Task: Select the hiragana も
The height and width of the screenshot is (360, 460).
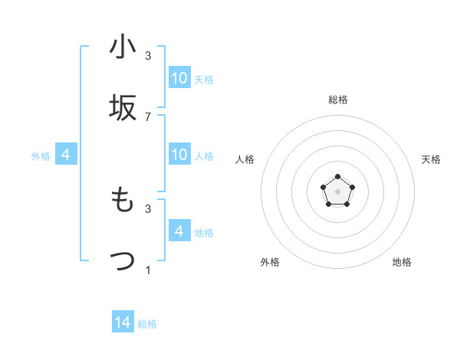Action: (123, 200)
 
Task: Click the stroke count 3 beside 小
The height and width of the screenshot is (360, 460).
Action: (148, 56)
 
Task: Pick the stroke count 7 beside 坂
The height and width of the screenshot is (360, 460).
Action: (148, 117)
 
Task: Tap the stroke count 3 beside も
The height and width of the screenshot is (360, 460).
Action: (148, 208)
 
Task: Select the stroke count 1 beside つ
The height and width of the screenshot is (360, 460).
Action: (148, 270)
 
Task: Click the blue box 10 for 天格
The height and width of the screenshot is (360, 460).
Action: (179, 78)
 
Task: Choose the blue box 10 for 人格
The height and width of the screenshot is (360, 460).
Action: (179, 155)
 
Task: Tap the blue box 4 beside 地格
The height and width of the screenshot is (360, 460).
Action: (179, 231)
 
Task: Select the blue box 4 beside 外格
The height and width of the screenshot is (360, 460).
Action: (65, 155)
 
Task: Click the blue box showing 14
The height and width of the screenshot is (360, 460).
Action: (123, 322)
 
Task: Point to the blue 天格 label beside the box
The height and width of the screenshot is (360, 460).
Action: (204, 80)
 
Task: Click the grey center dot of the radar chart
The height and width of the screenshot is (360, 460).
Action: (337, 191)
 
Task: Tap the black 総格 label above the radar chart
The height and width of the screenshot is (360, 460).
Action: (338, 100)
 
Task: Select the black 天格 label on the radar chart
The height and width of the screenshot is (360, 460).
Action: (431, 159)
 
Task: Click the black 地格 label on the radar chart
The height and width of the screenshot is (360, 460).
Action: (402, 262)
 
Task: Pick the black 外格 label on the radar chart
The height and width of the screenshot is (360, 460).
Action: (270, 262)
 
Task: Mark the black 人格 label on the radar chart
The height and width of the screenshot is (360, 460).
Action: (245, 159)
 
